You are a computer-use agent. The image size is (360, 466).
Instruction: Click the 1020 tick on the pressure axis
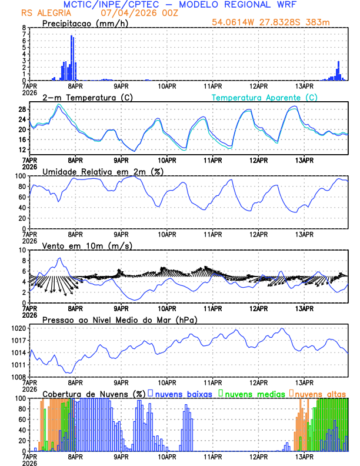pos(20,328)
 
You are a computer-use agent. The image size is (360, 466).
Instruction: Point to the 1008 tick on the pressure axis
pos(20,377)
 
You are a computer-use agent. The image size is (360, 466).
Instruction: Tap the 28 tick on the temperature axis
pos(22,109)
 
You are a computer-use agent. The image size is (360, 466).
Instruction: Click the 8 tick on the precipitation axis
pos(24,28)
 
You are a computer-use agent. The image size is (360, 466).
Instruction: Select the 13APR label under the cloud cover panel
pos(304,456)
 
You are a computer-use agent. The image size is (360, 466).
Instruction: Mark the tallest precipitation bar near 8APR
pos(72,58)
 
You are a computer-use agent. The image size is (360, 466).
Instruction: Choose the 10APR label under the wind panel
pos(167,308)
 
